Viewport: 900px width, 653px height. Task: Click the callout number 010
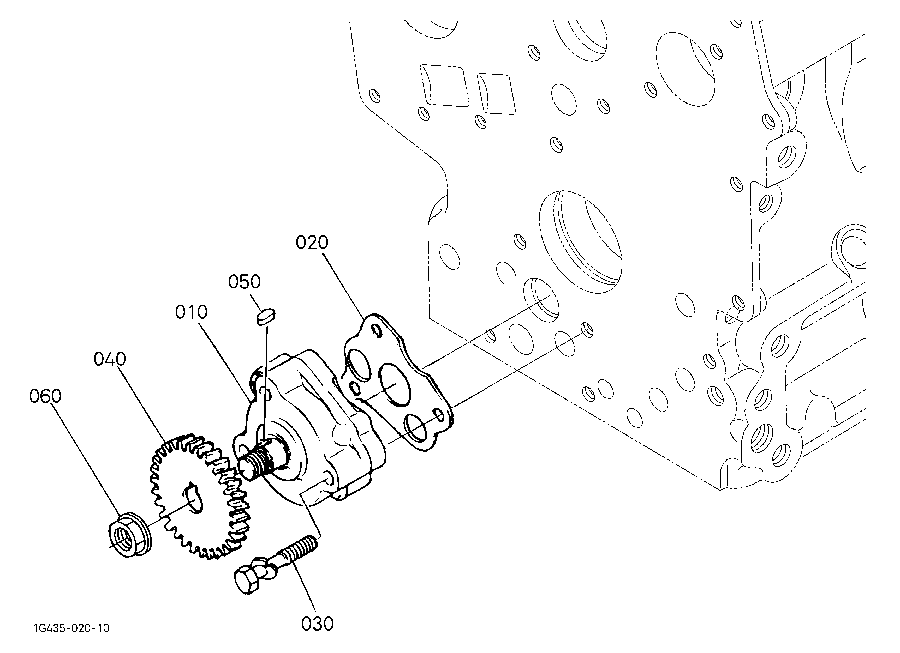point(191,312)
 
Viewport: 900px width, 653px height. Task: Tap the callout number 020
point(312,242)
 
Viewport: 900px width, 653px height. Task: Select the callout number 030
point(317,624)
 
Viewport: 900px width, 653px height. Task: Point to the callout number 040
point(110,359)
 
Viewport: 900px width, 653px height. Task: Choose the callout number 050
point(245,282)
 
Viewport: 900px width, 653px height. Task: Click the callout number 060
point(45,396)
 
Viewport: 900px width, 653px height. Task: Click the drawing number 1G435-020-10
point(71,628)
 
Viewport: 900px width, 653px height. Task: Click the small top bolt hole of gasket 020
point(375,329)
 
